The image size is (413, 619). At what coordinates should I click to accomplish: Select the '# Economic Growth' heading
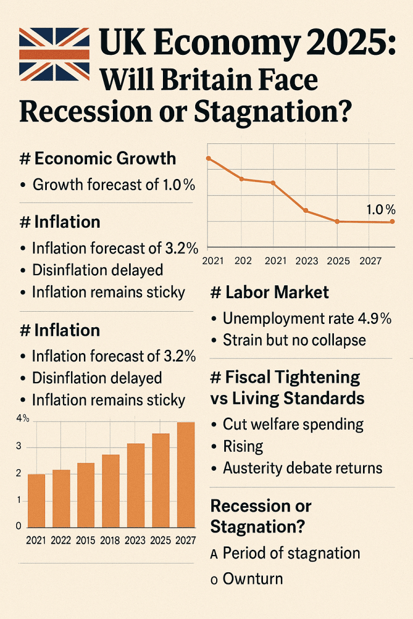tap(97, 159)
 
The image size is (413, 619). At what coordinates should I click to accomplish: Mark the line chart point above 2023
tap(305, 211)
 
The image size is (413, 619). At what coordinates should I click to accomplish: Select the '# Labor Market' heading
tap(269, 293)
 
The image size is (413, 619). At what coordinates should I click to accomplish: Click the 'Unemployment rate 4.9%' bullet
tap(307, 319)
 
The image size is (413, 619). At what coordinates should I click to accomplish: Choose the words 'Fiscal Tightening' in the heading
tap(291, 377)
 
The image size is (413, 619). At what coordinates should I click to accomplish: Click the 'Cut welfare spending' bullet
tap(293, 424)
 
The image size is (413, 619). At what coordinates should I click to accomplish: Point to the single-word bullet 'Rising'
tap(243, 447)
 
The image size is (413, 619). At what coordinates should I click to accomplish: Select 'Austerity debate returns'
tap(302, 468)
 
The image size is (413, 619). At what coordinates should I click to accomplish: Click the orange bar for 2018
tap(110, 491)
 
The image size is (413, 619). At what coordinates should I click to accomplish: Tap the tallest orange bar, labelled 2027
tap(186, 474)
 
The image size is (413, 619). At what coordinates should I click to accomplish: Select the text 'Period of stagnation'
tap(291, 553)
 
